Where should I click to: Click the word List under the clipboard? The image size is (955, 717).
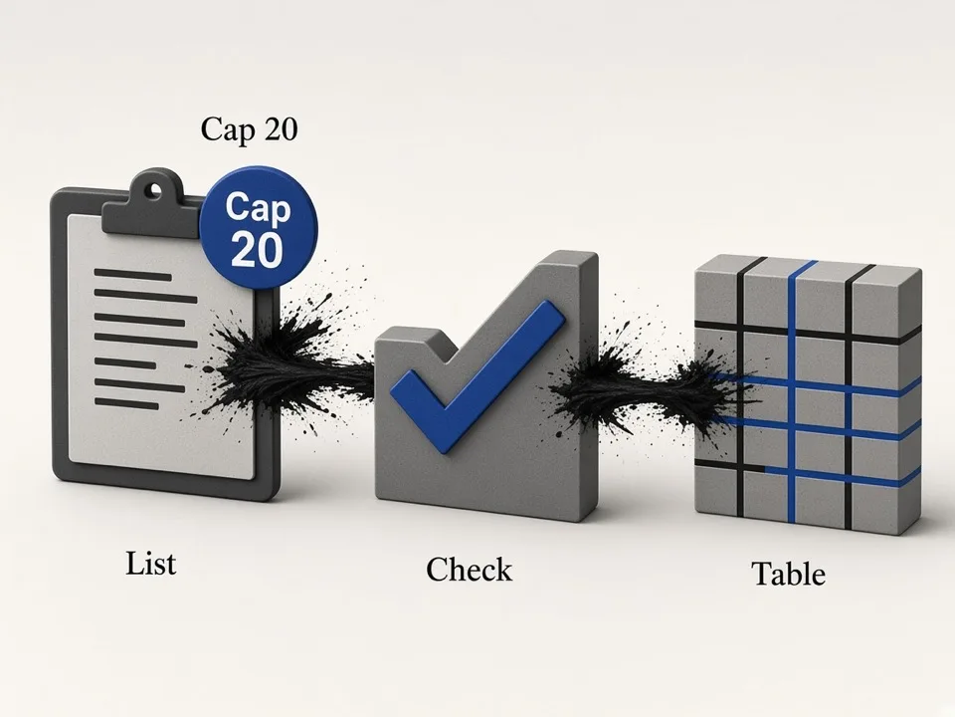tap(150, 564)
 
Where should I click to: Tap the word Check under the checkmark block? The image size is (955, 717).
tap(469, 570)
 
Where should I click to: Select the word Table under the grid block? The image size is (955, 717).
tap(789, 574)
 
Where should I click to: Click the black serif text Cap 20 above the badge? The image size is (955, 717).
tap(249, 128)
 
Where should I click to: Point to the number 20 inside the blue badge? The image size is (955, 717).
tap(257, 250)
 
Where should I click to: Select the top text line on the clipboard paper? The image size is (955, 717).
tap(132, 275)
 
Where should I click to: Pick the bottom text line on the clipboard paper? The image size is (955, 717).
tap(127, 403)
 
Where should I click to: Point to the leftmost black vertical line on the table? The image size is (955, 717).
tap(741, 390)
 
